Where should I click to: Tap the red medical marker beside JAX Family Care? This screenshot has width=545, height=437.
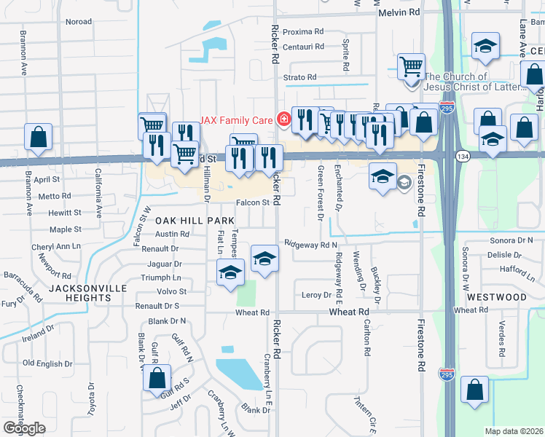point(283,118)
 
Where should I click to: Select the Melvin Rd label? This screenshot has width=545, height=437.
point(399,12)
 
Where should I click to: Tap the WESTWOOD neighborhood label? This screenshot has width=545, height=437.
point(497,297)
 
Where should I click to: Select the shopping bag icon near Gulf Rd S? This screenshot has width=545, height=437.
point(157,378)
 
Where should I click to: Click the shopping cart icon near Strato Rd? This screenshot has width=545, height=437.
point(412,66)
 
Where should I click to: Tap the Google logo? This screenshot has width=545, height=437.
point(24,428)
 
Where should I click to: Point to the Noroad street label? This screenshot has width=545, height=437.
point(79,22)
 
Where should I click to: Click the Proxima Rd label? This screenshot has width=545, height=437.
point(302,32)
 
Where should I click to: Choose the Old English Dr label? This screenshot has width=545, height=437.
point(48,363)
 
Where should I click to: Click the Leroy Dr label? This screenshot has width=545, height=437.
point(316,295)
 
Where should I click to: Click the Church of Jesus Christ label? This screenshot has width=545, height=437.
point(474,82)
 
